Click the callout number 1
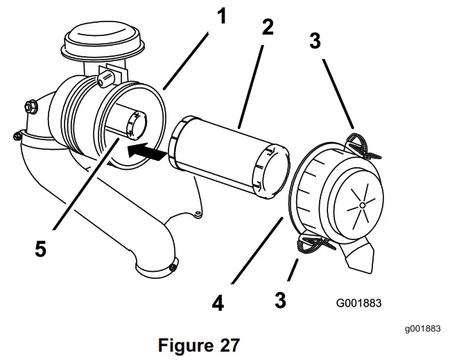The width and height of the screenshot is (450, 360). [x=221, y=15]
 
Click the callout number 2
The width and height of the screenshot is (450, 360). [x=267, y=27]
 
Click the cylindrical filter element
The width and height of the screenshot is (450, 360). [x=229, y=156]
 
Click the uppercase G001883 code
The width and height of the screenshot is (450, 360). [x=358, y=302]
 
